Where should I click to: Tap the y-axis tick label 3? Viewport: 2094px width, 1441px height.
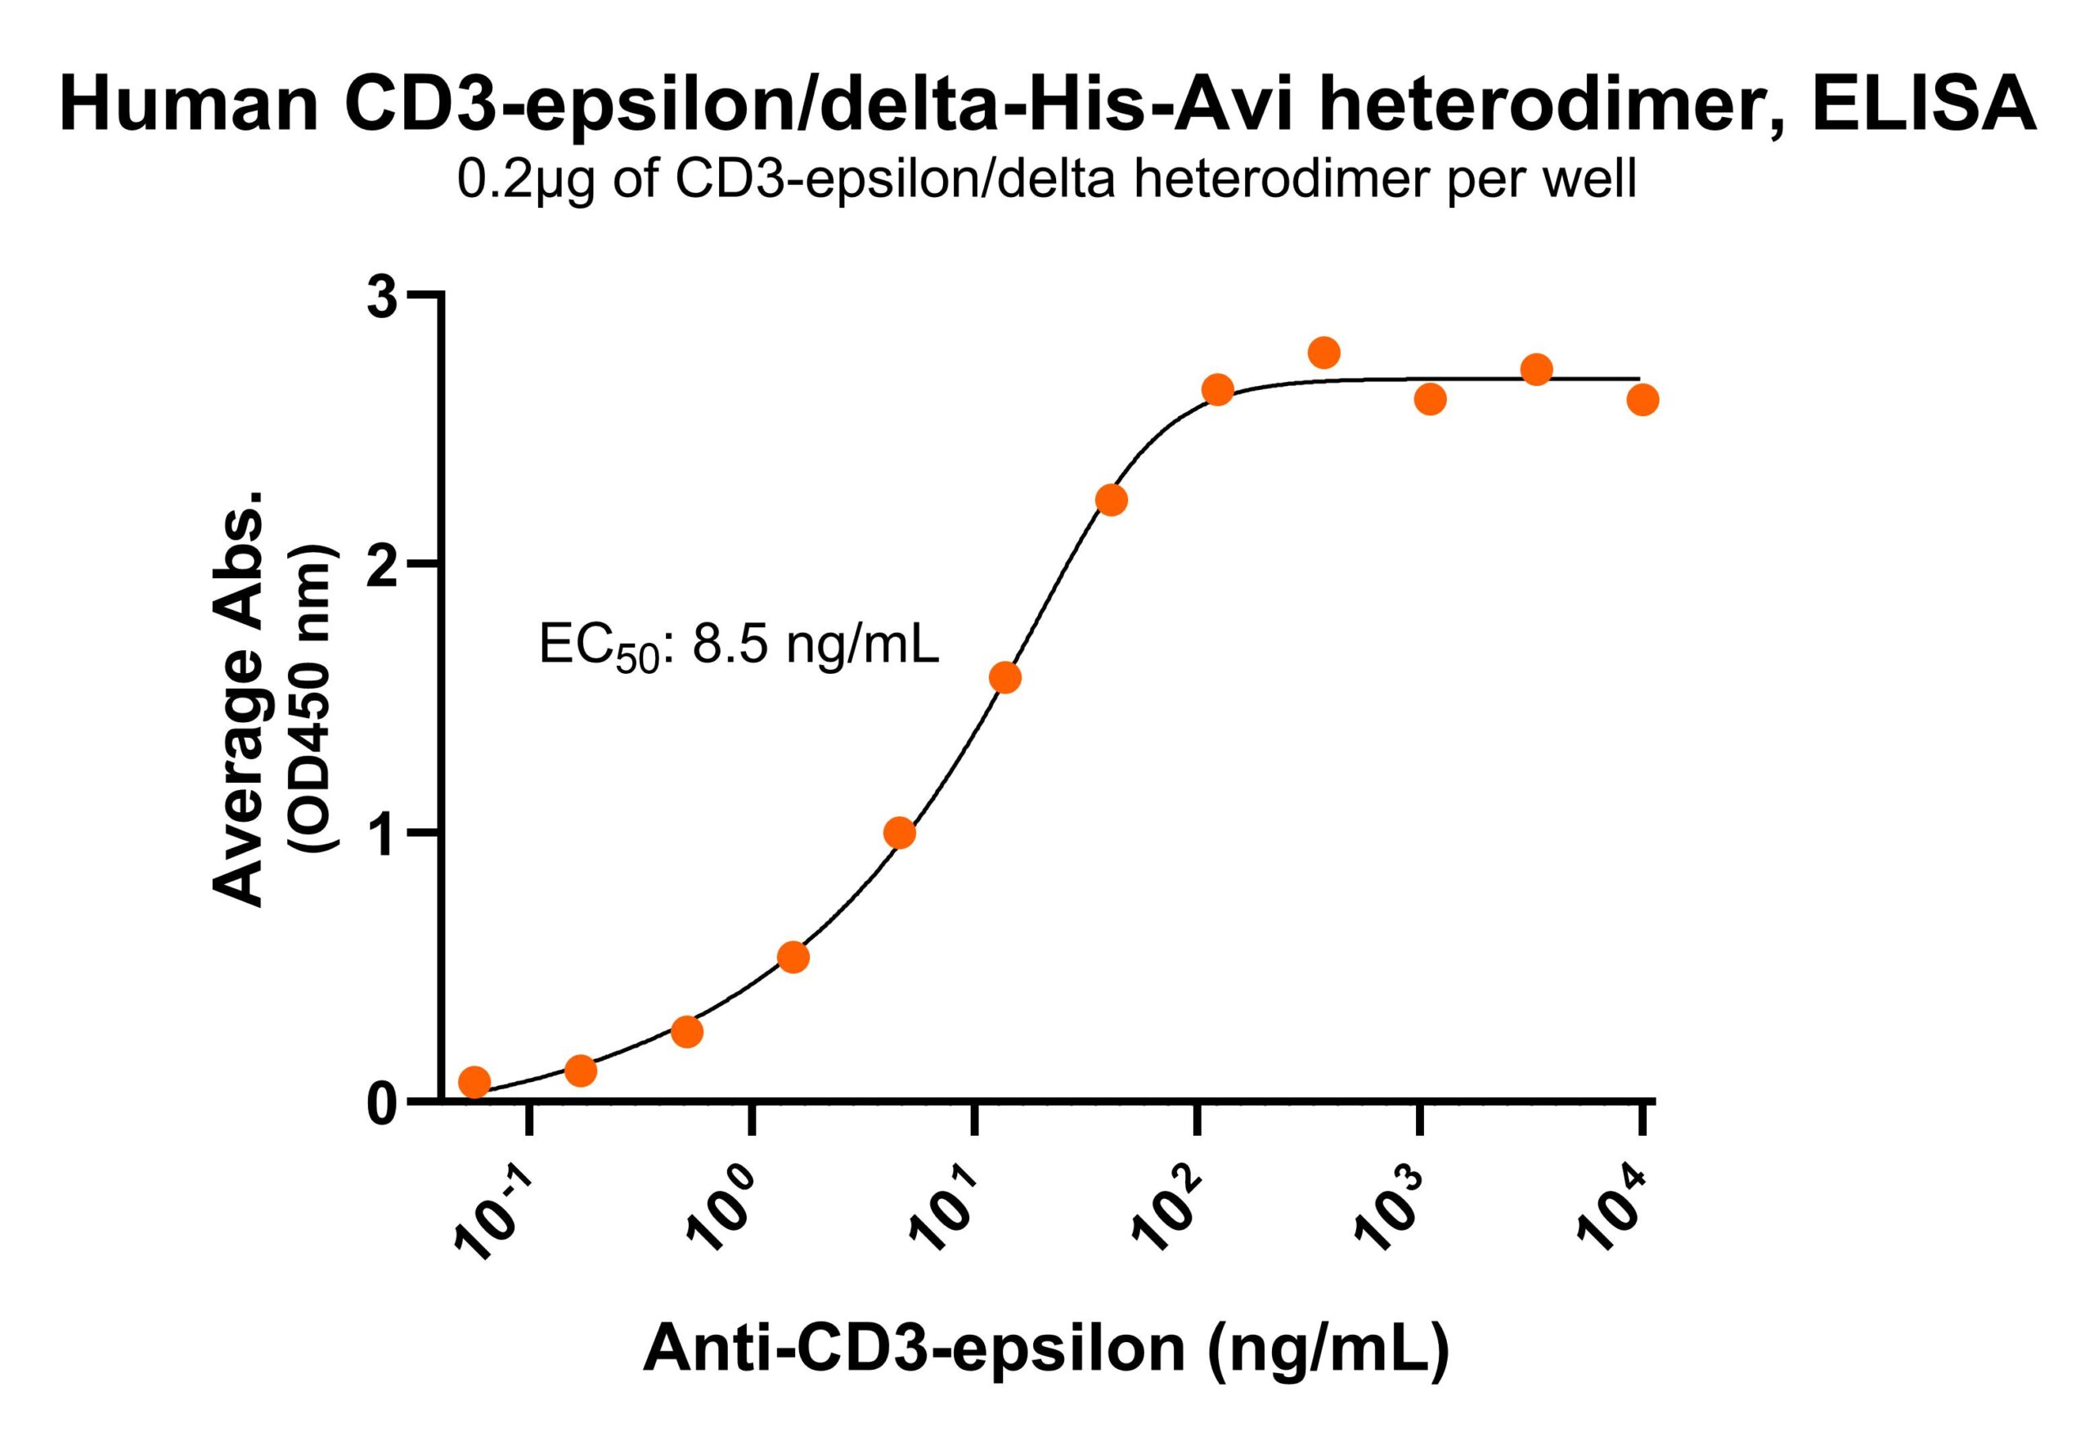tap(382, 298)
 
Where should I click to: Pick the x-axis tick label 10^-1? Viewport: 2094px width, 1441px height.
tap(493, 1210)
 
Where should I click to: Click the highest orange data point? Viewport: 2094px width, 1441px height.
tap(1323, 352)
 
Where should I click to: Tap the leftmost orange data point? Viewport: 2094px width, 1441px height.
tap(474, 1082)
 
